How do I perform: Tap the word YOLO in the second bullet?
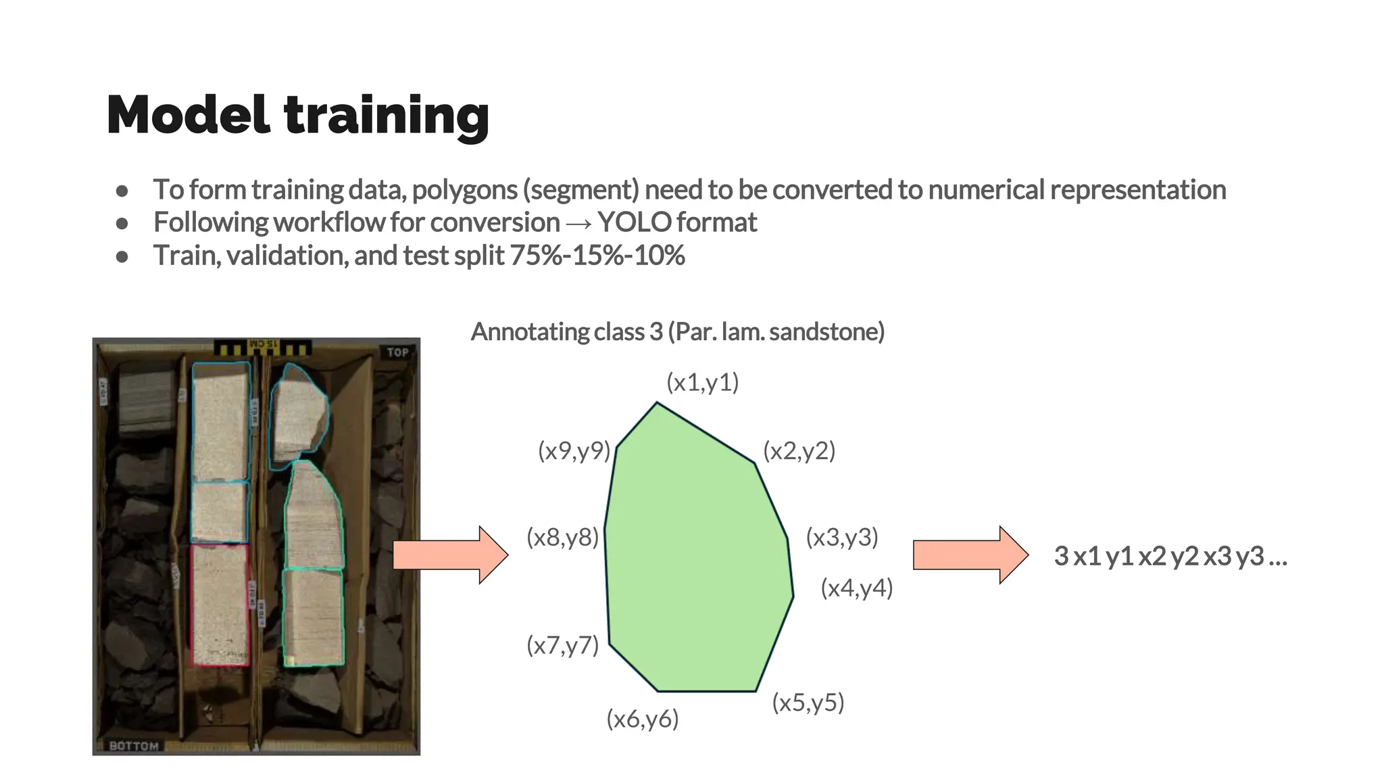click(x=634, y=222)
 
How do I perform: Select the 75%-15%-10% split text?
click(x=597, y=256)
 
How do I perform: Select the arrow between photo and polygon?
click(x=450, y=555)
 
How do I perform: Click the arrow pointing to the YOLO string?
click(x=970, y=555)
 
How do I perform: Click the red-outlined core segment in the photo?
click(x=220, y=605)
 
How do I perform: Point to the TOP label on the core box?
click(x=397, y=352)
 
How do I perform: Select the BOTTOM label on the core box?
click(x=134, y=746)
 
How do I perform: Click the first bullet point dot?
click(x=122, y=191)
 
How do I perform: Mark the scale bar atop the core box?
click(x=262, y=347)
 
